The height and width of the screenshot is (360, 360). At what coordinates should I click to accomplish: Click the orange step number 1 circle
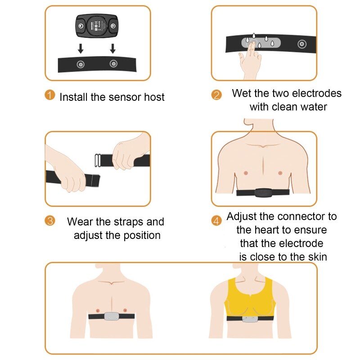[50, 95]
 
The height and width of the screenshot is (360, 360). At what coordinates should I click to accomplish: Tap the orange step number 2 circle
[216, 95]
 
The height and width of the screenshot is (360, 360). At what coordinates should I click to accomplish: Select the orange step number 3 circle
[50, 221]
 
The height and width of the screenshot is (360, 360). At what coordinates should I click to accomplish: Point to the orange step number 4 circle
[216, 221]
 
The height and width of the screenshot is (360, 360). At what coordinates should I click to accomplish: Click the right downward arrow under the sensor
[112, 48]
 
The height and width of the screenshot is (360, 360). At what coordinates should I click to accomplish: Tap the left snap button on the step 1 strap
[80, 63]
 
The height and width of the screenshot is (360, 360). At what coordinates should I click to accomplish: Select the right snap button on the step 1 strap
[112, 63]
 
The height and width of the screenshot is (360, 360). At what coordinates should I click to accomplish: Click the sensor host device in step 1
[97, 26]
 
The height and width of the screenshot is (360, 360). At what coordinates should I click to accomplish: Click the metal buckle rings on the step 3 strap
[97, 160]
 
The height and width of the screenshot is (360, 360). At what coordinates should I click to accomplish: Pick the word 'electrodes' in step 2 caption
[317, 94]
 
